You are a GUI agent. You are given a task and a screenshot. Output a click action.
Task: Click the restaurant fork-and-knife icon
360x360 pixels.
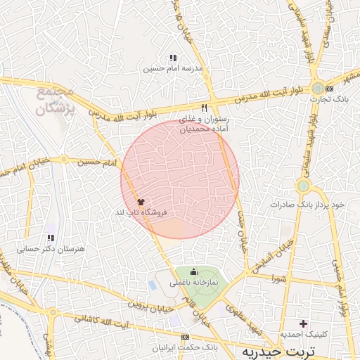click(x=205, y=108)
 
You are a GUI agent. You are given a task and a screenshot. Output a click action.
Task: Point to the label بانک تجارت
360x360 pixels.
click(x=328, y=99)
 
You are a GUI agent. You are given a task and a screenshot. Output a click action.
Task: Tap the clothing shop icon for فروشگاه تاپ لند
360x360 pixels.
click(x=141, y=201)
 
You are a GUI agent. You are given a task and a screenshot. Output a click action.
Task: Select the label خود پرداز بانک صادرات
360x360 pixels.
click(x=309, y=205)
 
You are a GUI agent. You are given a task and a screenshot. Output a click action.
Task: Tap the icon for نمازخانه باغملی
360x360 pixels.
click(x=194, y=272)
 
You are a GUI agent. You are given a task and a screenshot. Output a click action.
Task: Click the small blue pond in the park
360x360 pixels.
click(x=153, y=285)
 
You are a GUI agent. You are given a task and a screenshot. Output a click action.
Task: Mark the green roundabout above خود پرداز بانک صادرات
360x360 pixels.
click(x=303, y=186)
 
